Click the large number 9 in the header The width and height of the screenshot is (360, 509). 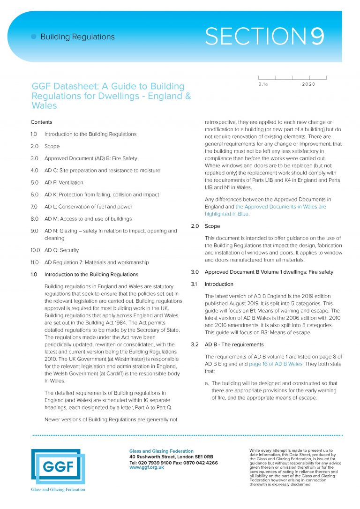pyautogui.click(x=317, y=37)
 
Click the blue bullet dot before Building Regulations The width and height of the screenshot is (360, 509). pyautogui.click(x=33, y=37)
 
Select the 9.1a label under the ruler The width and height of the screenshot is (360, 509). pyautogui.click(x=263, y=84)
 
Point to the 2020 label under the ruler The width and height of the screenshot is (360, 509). pyautogui.click(x=309, y=84)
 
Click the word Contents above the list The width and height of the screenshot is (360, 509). pyautogui.click(x=41, y=122)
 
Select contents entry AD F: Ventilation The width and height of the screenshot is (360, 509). pyautogui.click(x=64, y=182)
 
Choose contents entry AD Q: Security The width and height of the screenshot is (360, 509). pyautogui.click(x=61, y=250)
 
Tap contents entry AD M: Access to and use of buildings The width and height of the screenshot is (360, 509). pyautogui.click(x=88, y=219)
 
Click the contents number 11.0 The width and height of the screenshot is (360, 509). pyautogui.click(x=34, y=262)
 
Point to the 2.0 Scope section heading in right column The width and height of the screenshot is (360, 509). pyautogui.click(x=212, y=226)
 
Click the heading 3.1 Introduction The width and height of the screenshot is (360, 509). pyautogui.click(x=219, y=284)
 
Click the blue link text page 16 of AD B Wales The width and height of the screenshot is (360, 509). pyautogui.click(x=275, y=364)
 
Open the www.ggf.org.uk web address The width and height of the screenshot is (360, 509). pyautogui.click(x=147, y=467)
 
